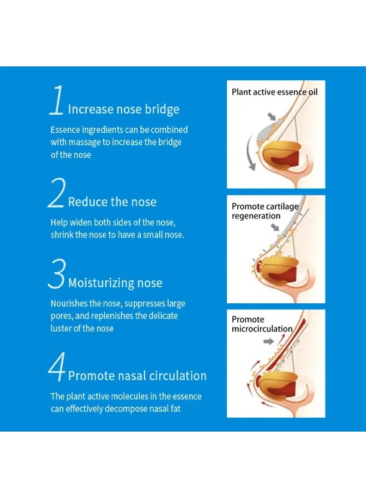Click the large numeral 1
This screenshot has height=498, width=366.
coord(57,101)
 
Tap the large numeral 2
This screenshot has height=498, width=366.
coord(57,194)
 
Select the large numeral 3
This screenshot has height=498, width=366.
coord(57,276)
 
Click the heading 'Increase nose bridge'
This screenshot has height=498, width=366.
coord(124,109)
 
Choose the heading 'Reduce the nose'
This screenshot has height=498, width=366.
coord(113,201)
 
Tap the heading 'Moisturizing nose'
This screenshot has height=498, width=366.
coord(115,283)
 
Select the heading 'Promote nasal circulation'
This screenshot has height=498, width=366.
coord(137,376)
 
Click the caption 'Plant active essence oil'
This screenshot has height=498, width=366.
coord(274,92)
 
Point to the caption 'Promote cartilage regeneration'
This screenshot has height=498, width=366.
coord(265,211)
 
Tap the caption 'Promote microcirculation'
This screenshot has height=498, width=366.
coord(262,324)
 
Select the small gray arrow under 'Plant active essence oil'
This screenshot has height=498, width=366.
coord(271,116)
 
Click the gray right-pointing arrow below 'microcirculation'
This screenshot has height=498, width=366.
coord(268,341)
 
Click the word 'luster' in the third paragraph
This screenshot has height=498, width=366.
coord(61,328)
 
